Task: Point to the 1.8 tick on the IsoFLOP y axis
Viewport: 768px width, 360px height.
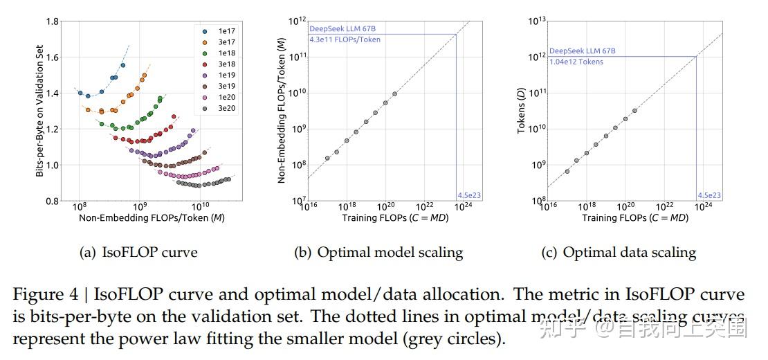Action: tap(51, 21)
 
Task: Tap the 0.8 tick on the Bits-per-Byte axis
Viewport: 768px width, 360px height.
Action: tap(51, 201)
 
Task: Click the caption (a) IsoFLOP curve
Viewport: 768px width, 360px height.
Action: tap(139, 253)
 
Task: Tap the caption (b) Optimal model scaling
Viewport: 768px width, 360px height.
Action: tap(379, 253)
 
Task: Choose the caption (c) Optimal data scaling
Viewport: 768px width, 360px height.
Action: tap(619, 253)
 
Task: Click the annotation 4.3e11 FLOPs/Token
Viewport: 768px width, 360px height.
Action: tap(345, 39)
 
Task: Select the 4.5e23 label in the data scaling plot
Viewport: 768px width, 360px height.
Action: tap(709, 196)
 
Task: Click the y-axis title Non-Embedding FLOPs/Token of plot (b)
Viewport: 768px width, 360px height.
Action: tap(282, 111)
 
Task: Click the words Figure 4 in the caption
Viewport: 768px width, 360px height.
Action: tap(42, 295)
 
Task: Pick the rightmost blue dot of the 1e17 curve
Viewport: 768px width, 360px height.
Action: tap(123, 65)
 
